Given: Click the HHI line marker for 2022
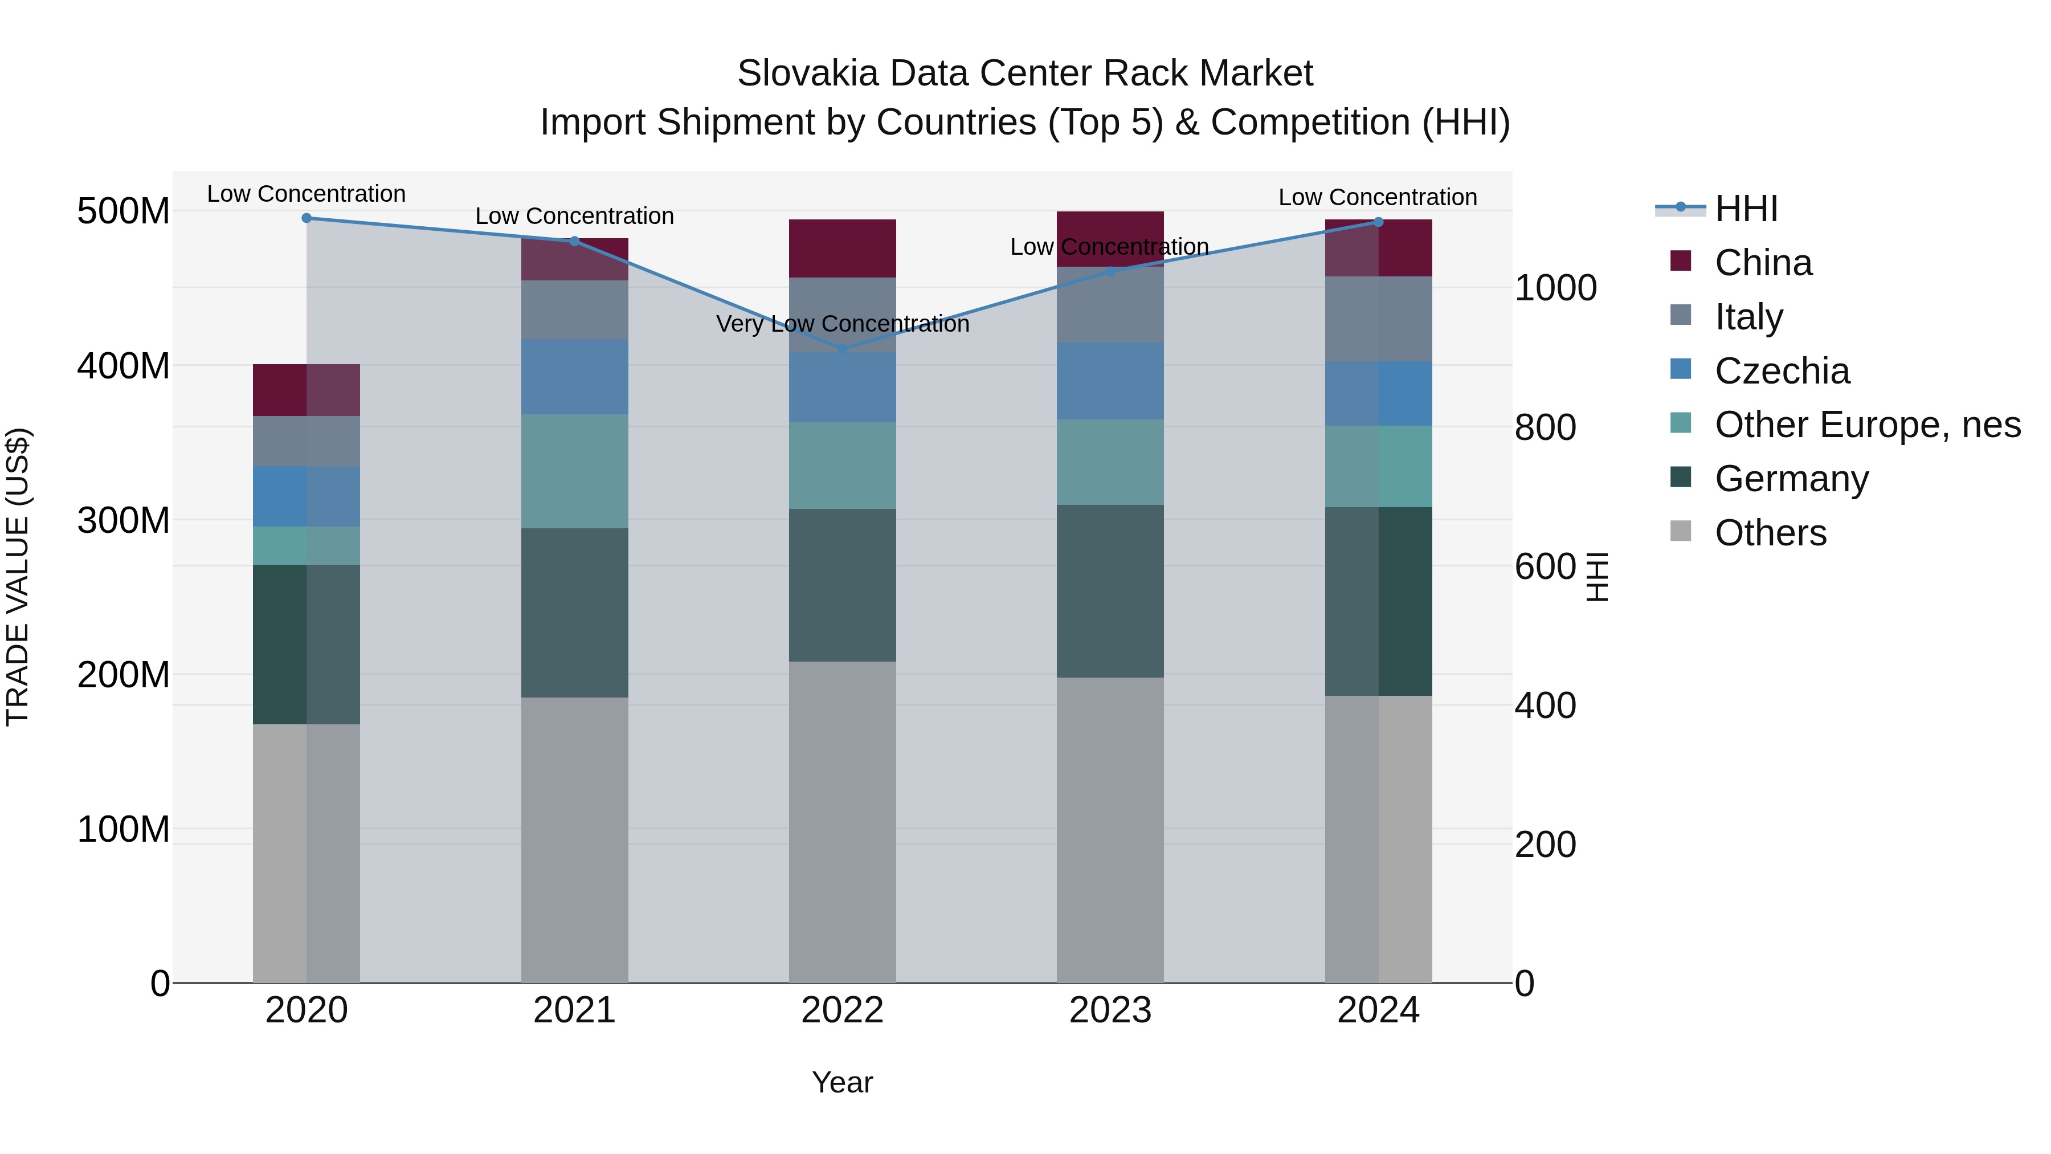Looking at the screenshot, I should tap(843, 349).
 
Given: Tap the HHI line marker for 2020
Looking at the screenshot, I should tap(307, 218).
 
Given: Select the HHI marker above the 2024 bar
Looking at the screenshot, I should tap(1378, 222).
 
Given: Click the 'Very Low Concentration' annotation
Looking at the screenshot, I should tap(843, 324).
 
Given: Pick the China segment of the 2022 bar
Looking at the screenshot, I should tap(843, 248).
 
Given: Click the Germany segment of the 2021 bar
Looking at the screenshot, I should tap(574, 613).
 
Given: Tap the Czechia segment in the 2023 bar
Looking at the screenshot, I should tap(1110, 381).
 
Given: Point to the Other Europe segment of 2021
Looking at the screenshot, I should tap(574, 471).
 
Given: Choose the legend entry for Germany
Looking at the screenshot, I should tap(1791, 479).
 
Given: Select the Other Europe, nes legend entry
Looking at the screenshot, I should tap(1867, 425).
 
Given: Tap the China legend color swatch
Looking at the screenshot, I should tap(1680, 261).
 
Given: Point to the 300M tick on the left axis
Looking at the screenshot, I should tap(124, 521).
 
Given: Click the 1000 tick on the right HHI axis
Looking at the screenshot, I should tap(1555, 288).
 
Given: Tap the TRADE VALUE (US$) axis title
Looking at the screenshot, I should tap(18, 577).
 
